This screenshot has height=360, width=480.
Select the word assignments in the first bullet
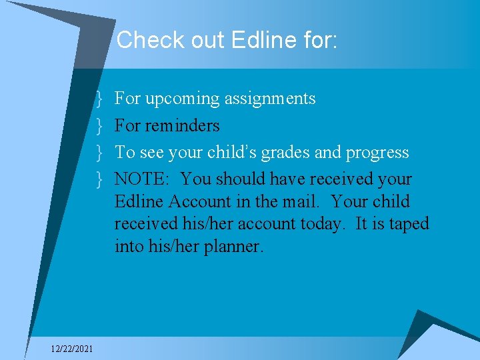270,99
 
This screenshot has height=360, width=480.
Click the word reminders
183,125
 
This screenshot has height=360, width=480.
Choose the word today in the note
322,224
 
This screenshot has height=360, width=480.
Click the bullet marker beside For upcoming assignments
99,99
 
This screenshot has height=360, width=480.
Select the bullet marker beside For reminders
99,125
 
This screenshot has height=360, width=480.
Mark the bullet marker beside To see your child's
99,152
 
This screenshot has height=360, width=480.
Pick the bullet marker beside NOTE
99,179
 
